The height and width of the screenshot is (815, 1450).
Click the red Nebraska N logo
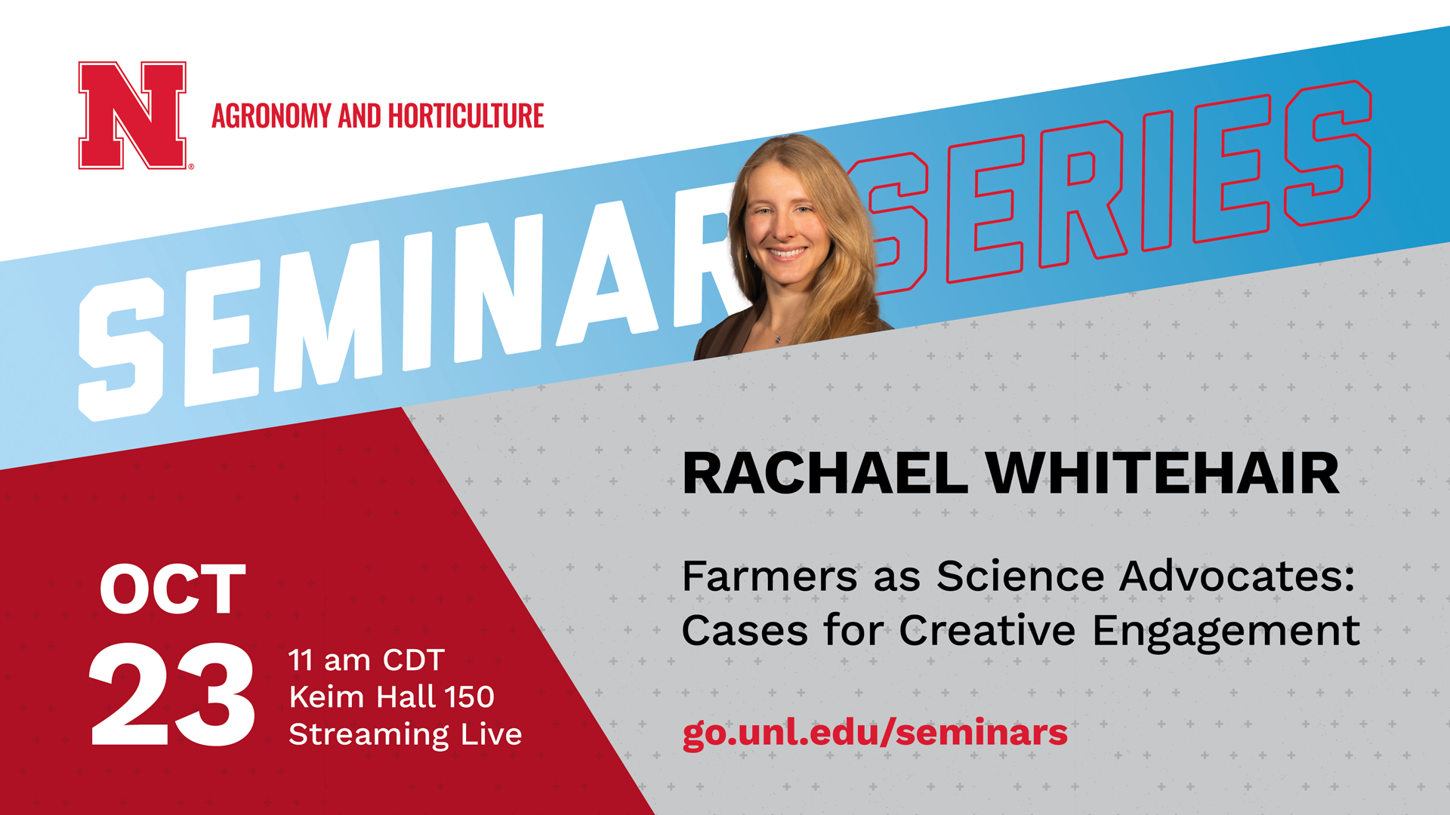point(133,115)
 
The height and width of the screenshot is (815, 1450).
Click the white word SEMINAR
point(408,302)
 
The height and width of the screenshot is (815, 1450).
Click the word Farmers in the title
point(770,577)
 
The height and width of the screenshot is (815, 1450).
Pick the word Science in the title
point(1020,577)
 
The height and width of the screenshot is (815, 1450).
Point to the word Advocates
point(1237,577)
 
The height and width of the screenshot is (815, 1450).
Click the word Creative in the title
point(987,630)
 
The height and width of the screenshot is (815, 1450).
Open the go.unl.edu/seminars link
point(875,733)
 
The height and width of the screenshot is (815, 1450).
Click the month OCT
point(173,589)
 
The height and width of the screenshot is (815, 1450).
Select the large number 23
point(173,695)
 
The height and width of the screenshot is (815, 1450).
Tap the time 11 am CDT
point(366,660)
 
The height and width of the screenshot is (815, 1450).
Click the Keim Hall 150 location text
point(392,697)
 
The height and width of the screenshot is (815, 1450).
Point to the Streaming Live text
point(406,734)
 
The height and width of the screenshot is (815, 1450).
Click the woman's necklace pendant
point(779,339)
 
